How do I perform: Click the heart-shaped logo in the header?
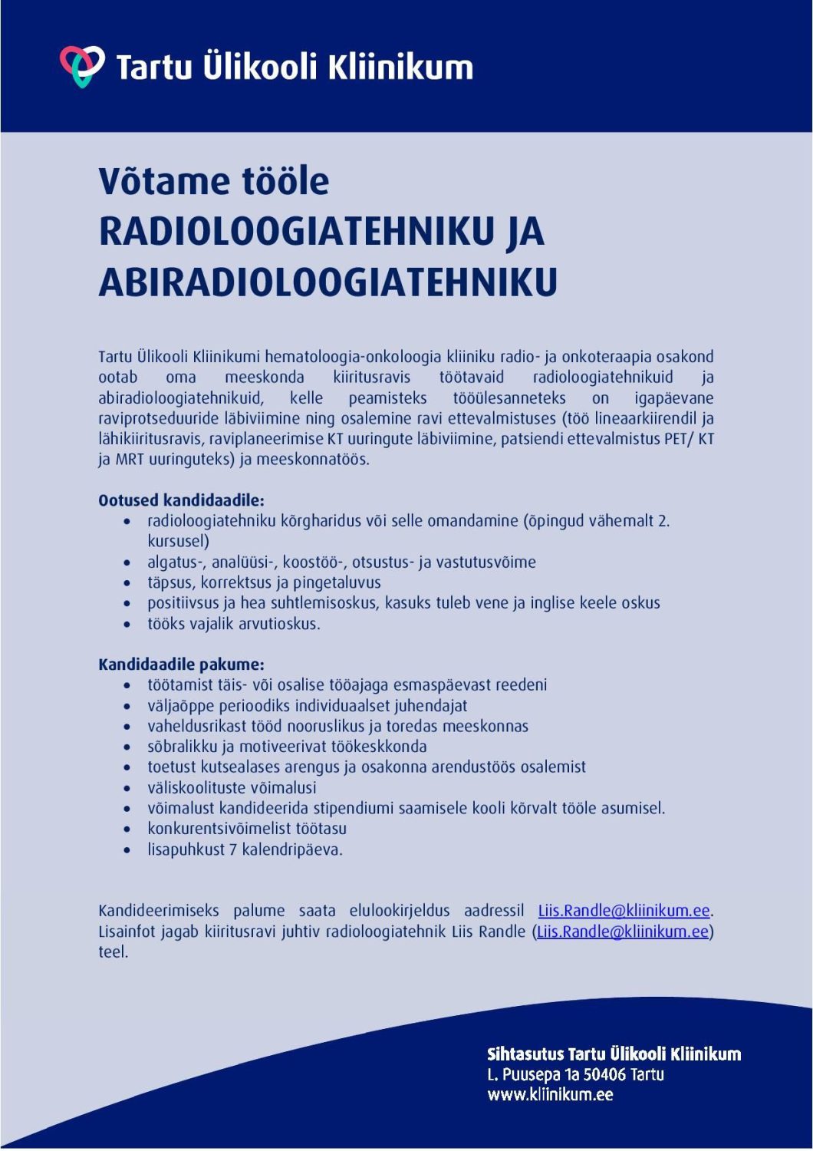click(82, 65)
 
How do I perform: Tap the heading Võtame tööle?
click(214, 181)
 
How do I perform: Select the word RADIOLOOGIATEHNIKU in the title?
click(295, 232)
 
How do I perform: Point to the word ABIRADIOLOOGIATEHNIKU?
click(328, 282)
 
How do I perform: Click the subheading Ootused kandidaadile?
click(181, 500)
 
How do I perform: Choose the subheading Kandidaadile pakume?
click(181, 665)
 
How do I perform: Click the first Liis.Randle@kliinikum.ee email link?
click(624, 911)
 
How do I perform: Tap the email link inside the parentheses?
click(622, 932)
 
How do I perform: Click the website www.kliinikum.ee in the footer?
click(550, 1094)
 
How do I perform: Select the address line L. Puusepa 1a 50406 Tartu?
click(575, 1074)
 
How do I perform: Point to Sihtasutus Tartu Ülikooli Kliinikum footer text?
click(614, 1054)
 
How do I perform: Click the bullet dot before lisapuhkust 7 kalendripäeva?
click(127, 850)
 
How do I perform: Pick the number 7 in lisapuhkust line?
click(233, 849)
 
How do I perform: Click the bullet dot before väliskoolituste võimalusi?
click(127, 788)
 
